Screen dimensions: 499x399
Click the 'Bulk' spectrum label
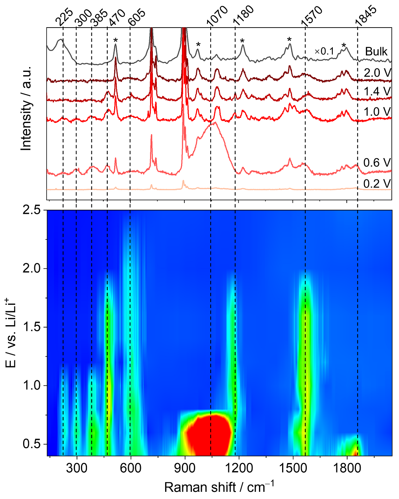(376, 52)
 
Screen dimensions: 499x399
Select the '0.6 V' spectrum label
(377, 163)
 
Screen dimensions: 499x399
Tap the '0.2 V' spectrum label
(377, 183)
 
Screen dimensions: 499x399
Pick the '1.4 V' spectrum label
(377, 91)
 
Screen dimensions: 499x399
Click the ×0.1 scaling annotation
(324, 52)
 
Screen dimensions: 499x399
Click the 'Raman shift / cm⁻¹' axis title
(219, 487)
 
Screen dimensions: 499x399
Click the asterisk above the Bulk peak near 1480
(289, 40)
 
